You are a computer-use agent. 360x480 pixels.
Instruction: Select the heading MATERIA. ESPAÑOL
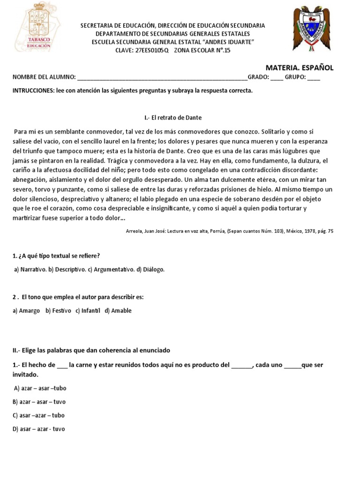pyautogui.click(x=300, y=67)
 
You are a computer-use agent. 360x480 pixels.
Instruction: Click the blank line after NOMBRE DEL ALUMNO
pyautogui.click(x=162, y=77)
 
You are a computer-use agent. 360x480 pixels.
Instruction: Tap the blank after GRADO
pyautogui.click(x=277, y=77)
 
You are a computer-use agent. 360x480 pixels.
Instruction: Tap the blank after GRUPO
pyautogui.click(x=314, y=77)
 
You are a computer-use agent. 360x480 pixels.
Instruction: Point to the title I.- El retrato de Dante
pyautogui.click(x=173, y=117)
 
